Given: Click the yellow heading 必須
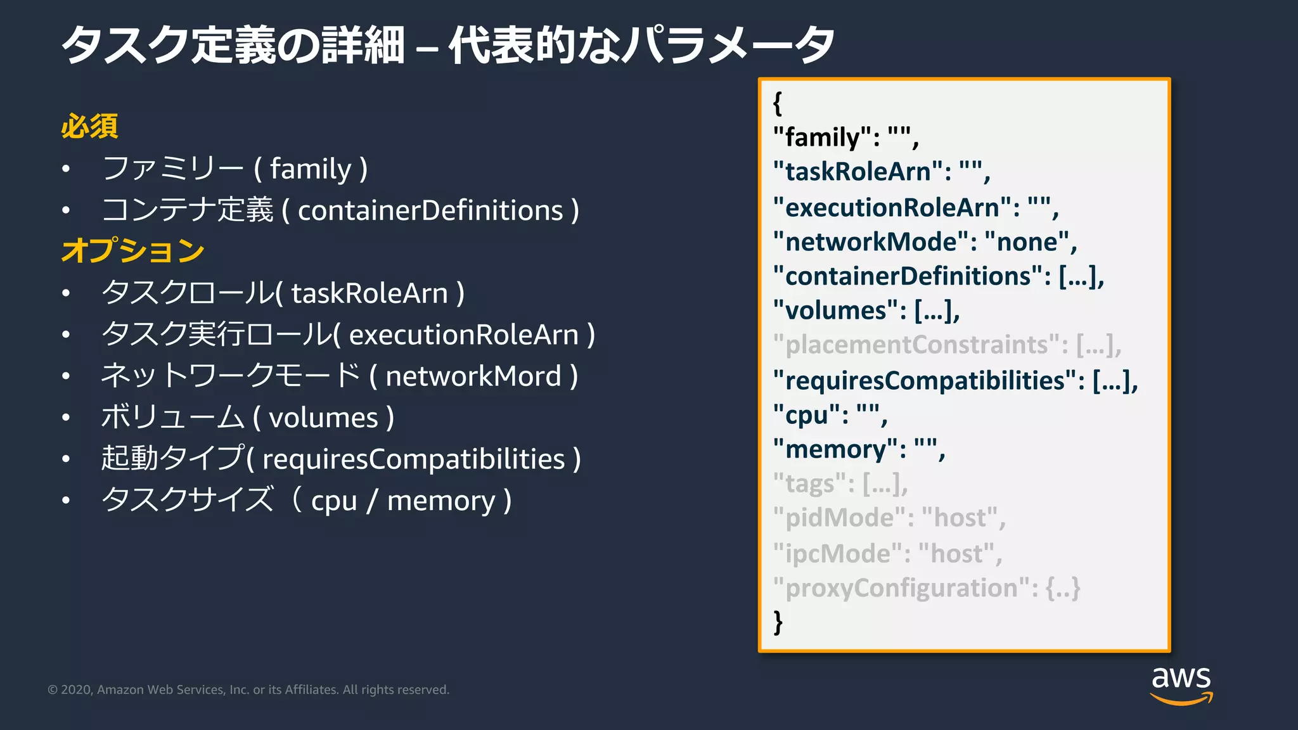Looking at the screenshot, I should pos(89,126).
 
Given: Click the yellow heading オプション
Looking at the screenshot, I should pos(133,250).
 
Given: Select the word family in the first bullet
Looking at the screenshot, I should pos(310,169).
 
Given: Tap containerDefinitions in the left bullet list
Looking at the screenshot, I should pos(430,210).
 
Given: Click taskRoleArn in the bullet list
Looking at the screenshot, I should pos(369,293).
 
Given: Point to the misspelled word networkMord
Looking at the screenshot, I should pos(473,376).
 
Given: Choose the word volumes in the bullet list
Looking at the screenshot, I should pos(323,418).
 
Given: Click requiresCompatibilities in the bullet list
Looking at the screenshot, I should pos(413,459).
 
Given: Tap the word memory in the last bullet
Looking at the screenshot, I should pos(441,501).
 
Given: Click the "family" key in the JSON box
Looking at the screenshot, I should pos(822,138).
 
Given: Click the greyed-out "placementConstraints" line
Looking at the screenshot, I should pos(947,345).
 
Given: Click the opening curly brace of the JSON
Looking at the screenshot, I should pos(778,103).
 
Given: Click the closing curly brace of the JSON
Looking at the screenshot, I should pos(778,622).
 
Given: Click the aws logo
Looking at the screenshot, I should pos(1181,684).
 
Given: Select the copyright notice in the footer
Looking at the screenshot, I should pos(248,689).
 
